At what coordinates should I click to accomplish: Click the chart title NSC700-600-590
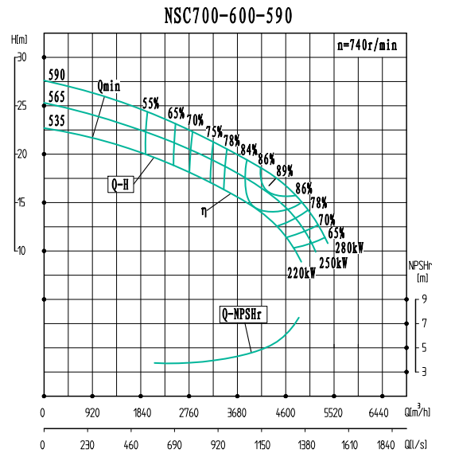[x=228, y=16]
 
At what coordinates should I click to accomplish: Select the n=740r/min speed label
[x=367, y=46]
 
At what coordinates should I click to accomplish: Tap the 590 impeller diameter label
[x=56, y=76]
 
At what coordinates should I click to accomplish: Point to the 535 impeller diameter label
[x=56, y=121]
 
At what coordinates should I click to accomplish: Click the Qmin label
[x=109, y=85]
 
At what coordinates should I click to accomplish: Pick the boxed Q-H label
[x=120, y=185]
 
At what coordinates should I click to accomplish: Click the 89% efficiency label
[x=284, y=170]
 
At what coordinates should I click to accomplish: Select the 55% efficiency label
[x=150, y=104]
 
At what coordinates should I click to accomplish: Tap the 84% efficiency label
[x=248, y=150]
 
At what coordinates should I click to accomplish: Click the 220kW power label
[x=301, y=273]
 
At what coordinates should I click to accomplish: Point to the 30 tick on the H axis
[x=22, y=57]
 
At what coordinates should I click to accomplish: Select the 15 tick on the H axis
[x=22, y=202]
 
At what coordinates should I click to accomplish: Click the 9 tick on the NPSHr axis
[x=425, y=299]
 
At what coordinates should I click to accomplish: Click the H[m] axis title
[x=20, y=39]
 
